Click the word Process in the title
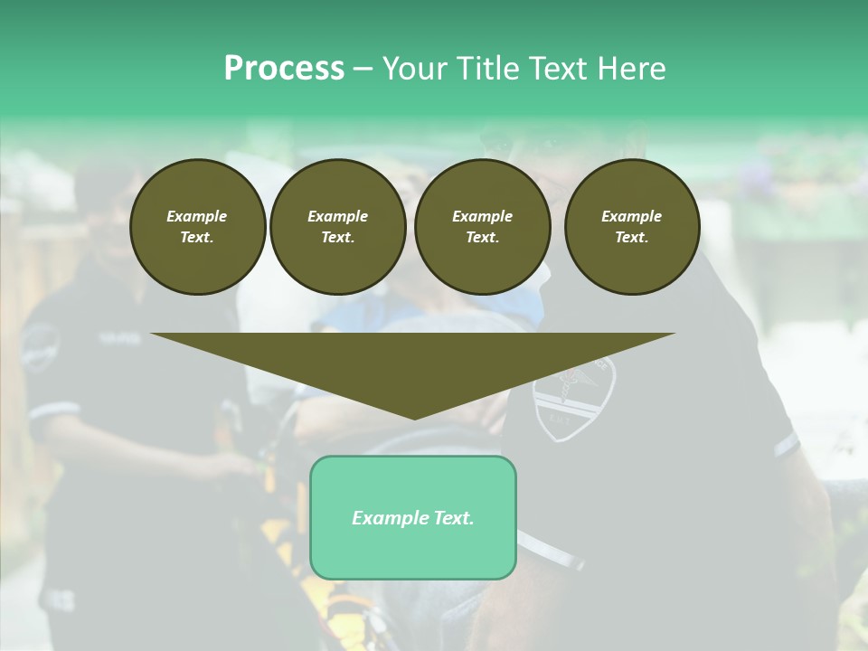tap(284, 69)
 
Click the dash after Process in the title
tap(363, 70)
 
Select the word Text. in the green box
tap(453, 518)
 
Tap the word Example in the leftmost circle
tap(197, 216)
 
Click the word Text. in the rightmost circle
tap(632, 237)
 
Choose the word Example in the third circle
tap(483, 216)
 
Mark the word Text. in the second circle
tap(338, 237)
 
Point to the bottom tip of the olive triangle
tap(414, 418)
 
